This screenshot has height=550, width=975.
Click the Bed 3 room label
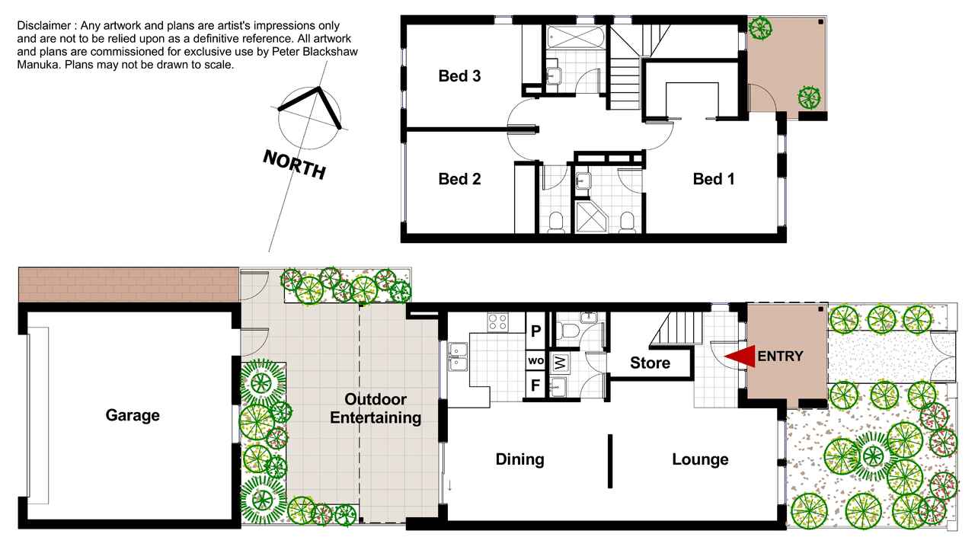459,76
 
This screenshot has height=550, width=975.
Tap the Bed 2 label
459,179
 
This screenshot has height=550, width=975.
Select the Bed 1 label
714,179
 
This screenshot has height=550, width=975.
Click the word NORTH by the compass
294,165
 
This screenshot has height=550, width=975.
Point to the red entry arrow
740,357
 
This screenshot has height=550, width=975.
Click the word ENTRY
780,357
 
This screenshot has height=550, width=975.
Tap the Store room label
651,363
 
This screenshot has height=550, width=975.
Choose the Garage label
133,415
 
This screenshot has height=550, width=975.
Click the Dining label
520,459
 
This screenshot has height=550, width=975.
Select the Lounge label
700,459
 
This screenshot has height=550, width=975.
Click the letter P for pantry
535,331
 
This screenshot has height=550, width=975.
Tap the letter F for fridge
535,385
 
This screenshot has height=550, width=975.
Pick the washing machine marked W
561,362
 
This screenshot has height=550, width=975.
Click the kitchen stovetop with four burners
497,322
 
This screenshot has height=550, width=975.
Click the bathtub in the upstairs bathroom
576,37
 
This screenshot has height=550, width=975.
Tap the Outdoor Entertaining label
376,408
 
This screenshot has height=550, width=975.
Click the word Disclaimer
43,26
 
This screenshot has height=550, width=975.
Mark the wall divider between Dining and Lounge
610,461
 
